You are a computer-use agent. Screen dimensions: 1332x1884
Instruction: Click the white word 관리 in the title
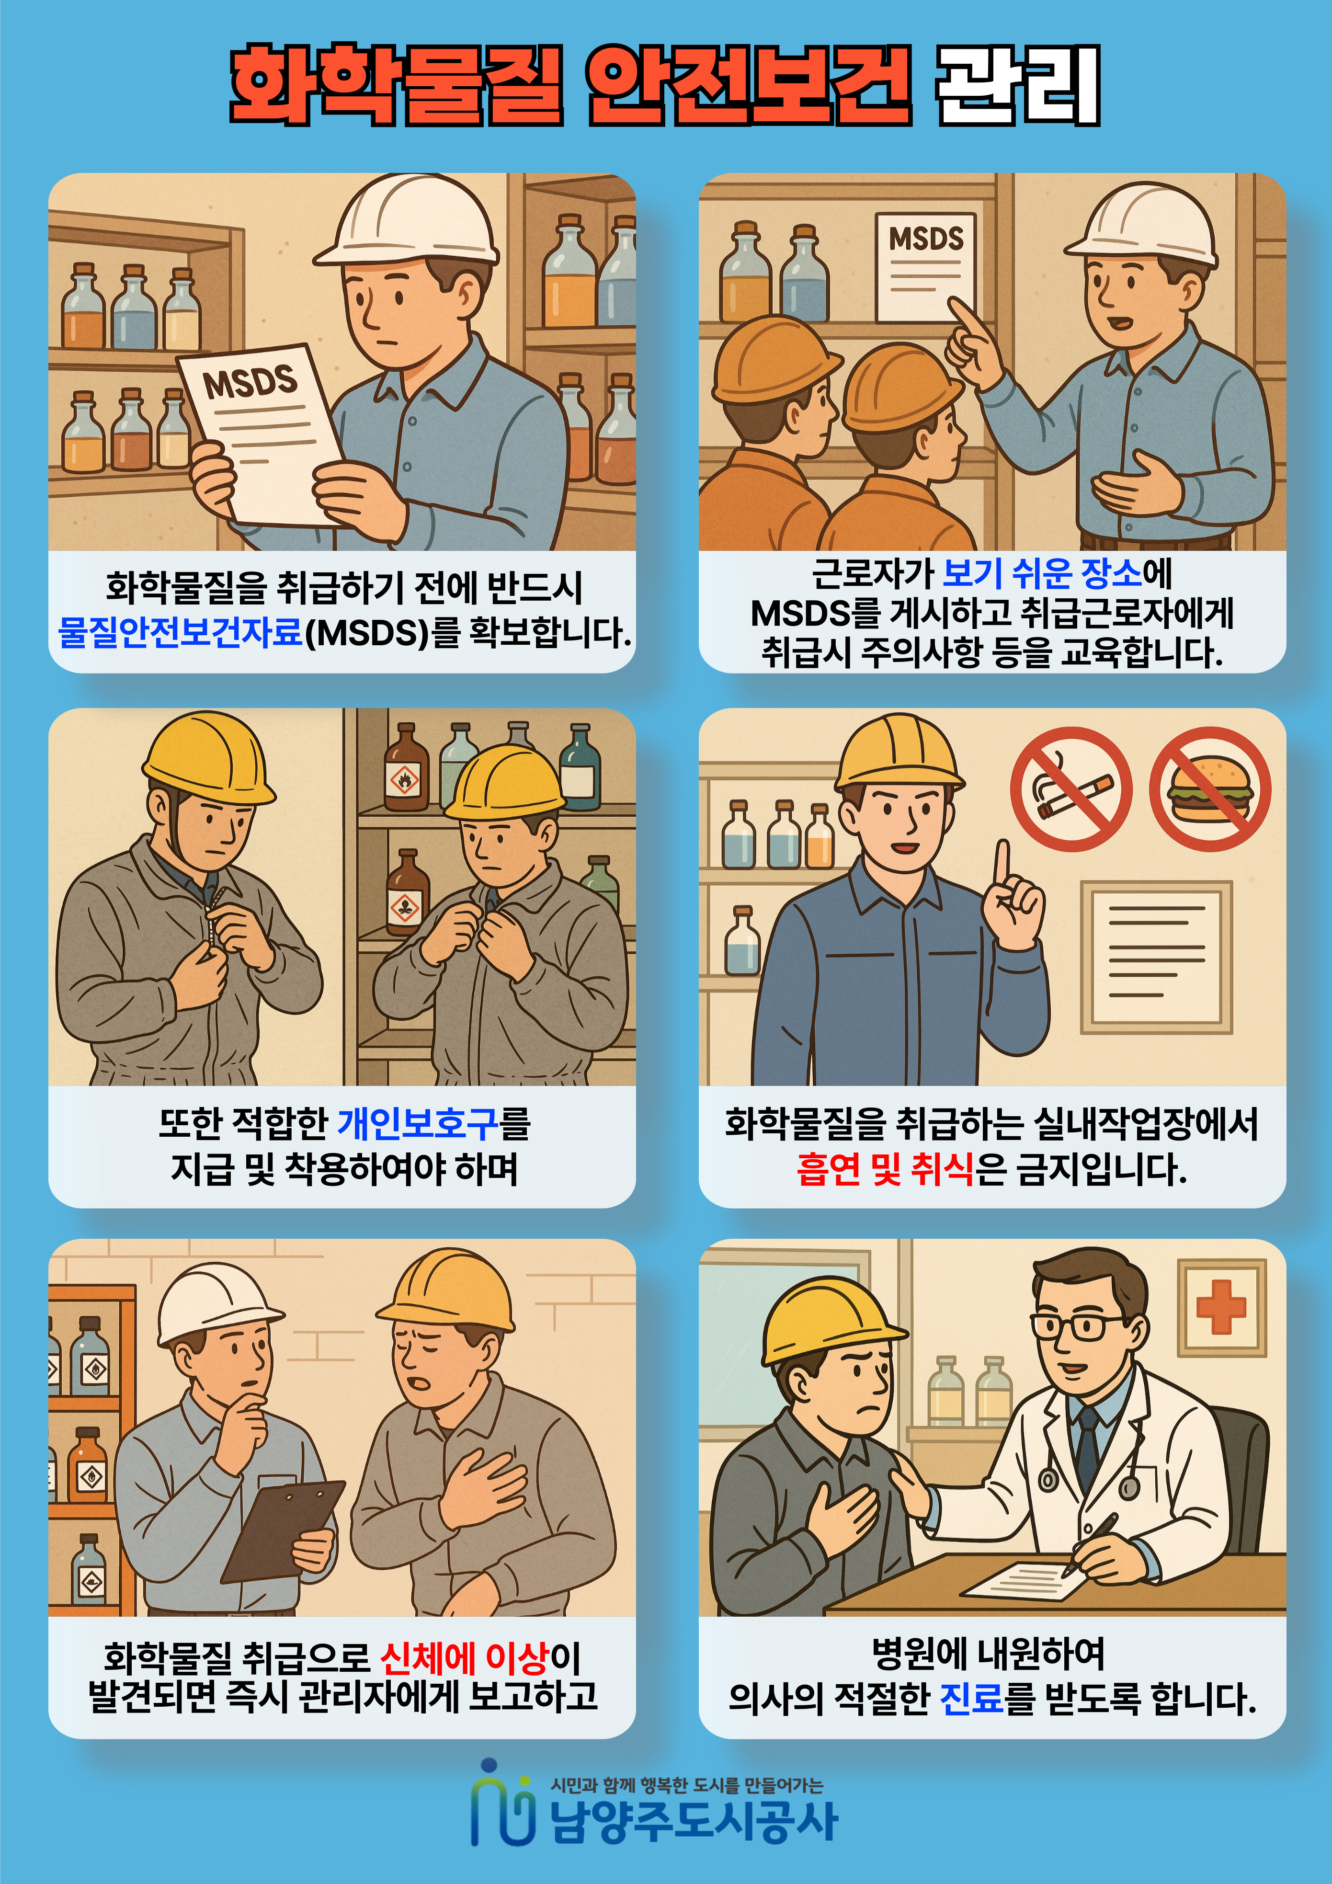(1018, 85)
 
